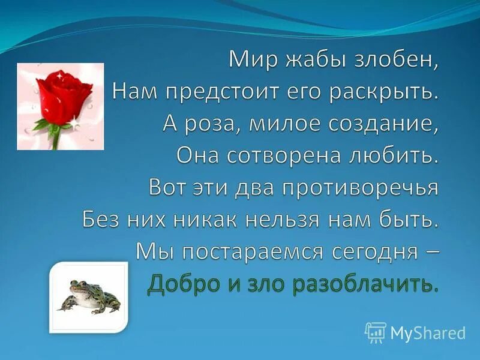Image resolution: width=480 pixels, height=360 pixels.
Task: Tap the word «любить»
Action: pyautogui.click(x=398, y=155)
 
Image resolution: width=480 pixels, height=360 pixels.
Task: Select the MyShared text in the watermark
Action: pyautogui.click(x=428, y=332)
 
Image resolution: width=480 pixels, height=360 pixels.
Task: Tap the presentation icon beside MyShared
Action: pyautogui.click(x=376, y=332)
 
